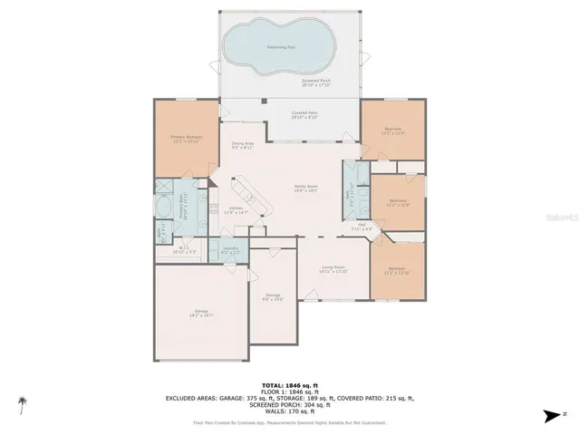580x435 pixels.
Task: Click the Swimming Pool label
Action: tap(279, 45)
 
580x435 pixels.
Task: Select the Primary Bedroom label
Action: tap(185, 139)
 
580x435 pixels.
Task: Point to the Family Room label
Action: tap(304, 188)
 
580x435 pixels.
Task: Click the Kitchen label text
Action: tap(236, 210)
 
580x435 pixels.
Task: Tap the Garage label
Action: tap(200, 313)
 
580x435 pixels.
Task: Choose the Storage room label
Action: tap(273, 296)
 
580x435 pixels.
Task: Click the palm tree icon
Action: tap(22, 404)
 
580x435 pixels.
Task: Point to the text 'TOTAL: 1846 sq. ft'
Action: tap(289, 385)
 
